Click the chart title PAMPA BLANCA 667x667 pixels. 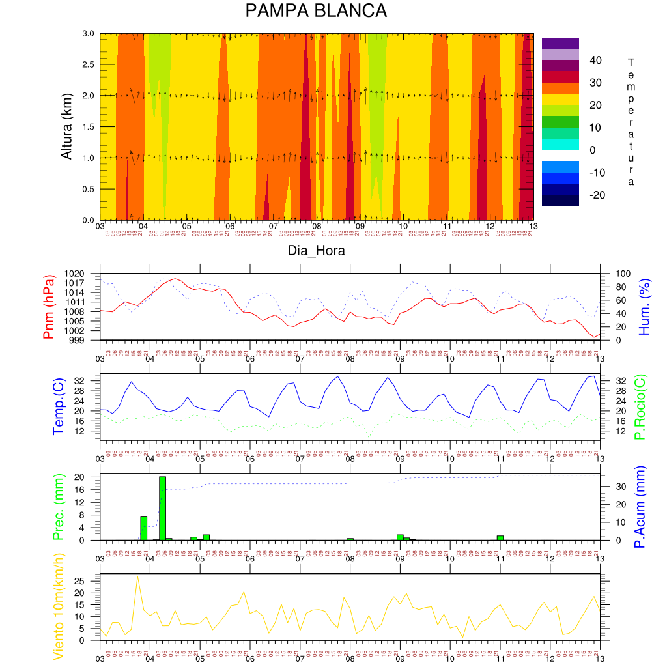pos(316,12)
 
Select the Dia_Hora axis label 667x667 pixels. pos(317,250)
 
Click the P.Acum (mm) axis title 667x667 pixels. pos(640,507)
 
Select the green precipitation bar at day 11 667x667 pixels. pos(500,537)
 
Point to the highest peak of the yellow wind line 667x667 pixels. pos(137,576)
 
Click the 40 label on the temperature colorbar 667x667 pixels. pos(594,60)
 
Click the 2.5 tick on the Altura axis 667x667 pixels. pos(88,64)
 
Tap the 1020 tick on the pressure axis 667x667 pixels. pos(83,273)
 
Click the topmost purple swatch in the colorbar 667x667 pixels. pos(560,43)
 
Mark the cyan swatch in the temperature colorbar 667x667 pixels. pos(560,144)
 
